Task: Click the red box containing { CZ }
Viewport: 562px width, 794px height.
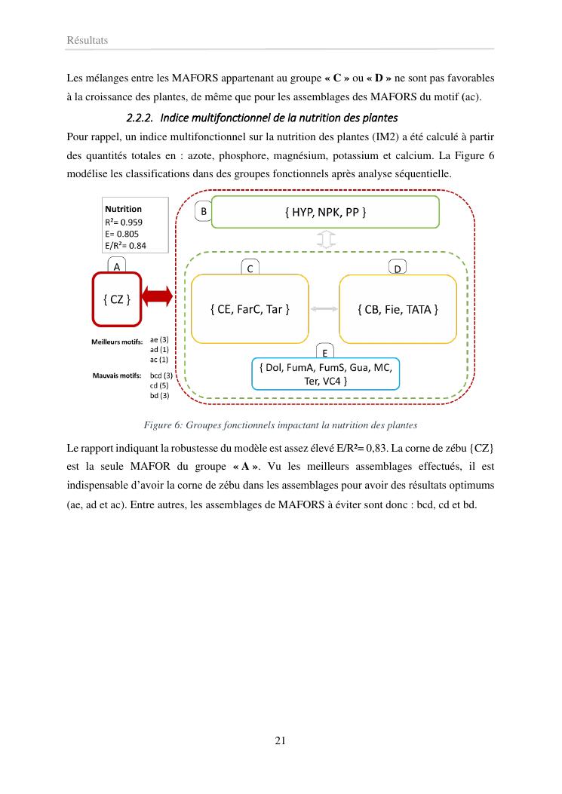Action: (x=117, y=299)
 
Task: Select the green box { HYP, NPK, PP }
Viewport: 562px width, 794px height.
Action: (x=325, y=212)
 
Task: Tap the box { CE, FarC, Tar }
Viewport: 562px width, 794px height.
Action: (x=250, y=308)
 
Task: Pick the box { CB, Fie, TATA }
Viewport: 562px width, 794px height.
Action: (x=398, y=308)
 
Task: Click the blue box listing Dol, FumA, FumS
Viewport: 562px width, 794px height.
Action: (x=324, y=374)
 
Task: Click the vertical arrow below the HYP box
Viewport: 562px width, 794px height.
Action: (x=326, y=240)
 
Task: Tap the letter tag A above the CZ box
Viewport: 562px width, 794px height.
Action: (x=116, y=266)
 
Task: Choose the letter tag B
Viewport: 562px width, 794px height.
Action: (x=203, y=212)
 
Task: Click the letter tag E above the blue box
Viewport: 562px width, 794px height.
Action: (x=324, y=352)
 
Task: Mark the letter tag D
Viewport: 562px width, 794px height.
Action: (x=398, y=268)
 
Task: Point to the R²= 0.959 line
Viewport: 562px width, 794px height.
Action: (x=124, y=222)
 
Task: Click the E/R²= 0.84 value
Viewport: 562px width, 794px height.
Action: (x=125, y=245)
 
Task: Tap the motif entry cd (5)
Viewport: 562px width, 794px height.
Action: (x=161, y=385)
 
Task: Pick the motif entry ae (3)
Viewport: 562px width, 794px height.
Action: (x=159, y=340)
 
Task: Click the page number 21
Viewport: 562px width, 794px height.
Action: (x=280, y=740)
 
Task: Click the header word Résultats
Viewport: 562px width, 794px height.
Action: (x=88, y=40)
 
